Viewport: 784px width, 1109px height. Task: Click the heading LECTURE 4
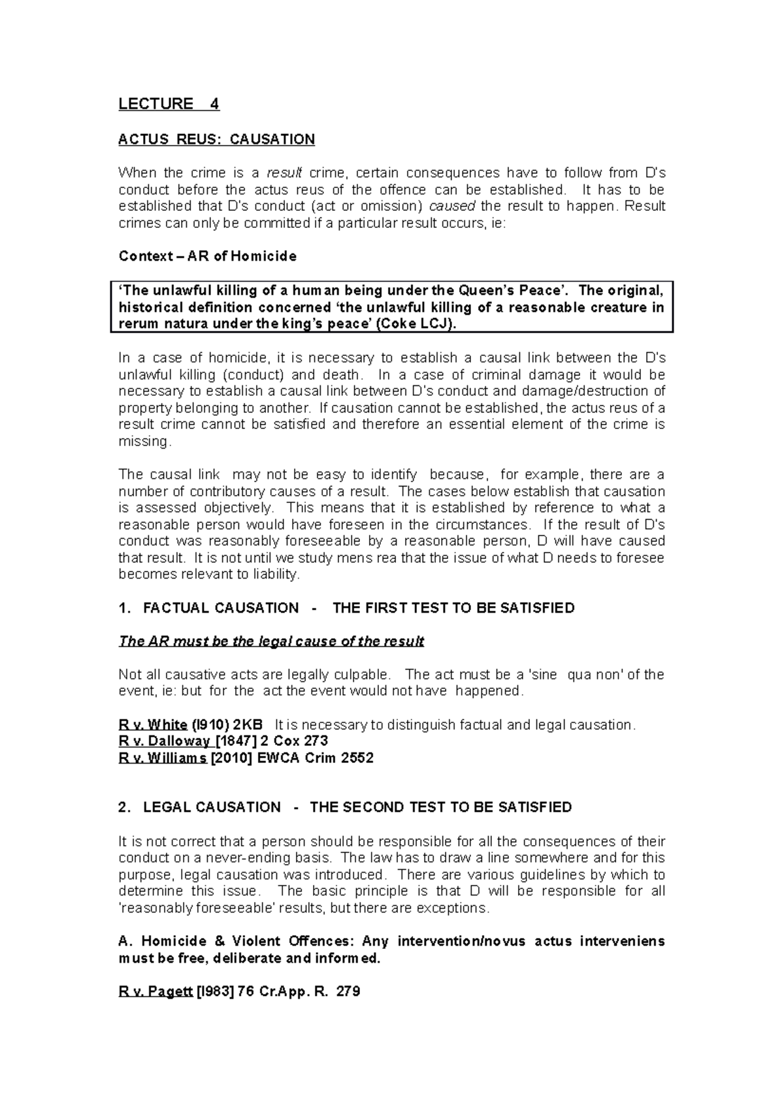[x=169, y=104]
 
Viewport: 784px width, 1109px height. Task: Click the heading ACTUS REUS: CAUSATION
[x=216, y=139]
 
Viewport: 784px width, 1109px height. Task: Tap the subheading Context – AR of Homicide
[x=207, y=257]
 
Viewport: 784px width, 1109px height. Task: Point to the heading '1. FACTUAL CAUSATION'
[x=208, y=608]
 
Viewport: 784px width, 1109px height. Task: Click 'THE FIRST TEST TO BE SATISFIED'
[x=453, y=608]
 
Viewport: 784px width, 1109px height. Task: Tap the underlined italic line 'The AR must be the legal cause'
[x=271, y=641]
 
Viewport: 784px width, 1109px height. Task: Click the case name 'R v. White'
[x=153, y=725]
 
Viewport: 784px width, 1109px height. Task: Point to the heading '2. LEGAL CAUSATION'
[x=199, y=807]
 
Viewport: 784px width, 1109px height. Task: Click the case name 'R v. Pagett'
[x=155, y=992]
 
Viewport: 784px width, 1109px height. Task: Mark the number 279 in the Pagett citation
[x=347, y=992]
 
